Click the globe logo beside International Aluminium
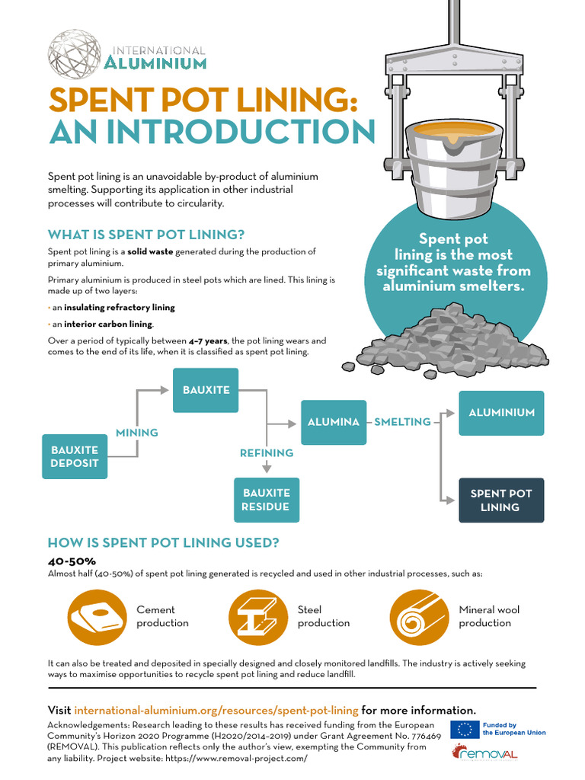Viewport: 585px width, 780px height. pos(74,53)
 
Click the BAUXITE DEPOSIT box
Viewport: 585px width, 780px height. pos(75,456)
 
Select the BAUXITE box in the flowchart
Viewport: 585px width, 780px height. pos(206,390)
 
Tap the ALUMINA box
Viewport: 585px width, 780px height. pos(333,422)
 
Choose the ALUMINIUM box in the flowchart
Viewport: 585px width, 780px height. pos(501,413)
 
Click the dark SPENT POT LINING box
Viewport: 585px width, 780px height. pos(500,500)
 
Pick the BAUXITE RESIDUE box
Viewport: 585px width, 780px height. pos(266,500)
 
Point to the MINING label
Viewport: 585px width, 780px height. pos(137,433)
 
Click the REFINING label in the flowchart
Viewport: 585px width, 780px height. pos(267,453)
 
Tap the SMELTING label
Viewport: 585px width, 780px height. pos(402,422)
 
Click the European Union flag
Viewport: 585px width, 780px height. pos(464,728)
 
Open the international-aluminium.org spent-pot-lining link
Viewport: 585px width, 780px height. pos(216,709)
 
